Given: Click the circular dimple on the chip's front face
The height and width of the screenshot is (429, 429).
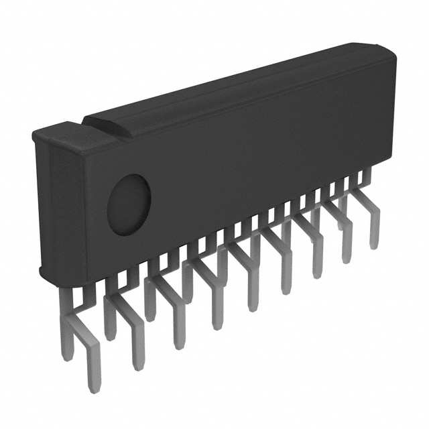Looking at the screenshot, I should (129, 204).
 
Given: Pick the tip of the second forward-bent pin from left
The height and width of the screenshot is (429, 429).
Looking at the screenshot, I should (137, 365).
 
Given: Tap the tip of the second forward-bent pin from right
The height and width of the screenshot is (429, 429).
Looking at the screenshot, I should (347, 259).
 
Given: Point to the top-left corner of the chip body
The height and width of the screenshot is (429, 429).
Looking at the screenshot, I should (35, 134).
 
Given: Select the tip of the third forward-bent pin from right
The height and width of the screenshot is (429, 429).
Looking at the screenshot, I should (317, 274).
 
